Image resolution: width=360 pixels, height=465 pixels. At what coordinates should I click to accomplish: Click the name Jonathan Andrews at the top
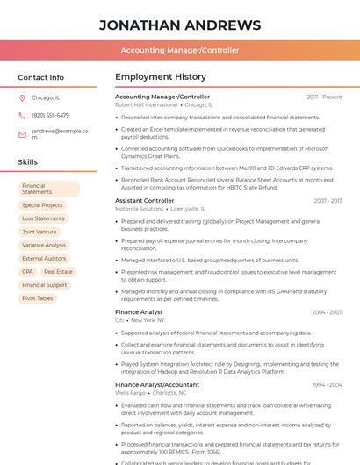coord(179,25)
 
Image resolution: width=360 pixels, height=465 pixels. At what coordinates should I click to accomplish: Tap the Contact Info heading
coord(40,77)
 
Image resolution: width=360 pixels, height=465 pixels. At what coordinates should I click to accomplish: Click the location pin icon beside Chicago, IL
coord(22,98)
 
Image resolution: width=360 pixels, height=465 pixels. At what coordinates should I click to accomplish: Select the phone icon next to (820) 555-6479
coord(22,116)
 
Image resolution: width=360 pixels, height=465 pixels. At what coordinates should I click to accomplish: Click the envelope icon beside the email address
coord(22,134)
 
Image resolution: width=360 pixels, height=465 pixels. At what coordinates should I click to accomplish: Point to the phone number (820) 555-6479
coord(50,116)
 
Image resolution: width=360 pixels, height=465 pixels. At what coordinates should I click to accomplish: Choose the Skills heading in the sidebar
coord(28,162)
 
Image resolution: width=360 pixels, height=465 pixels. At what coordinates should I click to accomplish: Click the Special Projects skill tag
coord(42,205)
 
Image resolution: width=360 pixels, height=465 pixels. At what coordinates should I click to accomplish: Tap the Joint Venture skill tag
coord(39,232)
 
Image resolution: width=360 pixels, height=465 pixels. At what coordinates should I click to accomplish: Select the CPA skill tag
coord(27,272)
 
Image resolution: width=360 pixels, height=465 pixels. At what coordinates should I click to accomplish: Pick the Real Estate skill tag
coord(58,272)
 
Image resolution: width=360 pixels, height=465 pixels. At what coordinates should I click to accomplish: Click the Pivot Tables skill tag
coord(38,298)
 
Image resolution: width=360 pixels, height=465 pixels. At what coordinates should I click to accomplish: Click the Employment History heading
coord(161,77)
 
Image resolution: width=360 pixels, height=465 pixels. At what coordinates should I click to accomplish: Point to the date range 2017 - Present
coord(324,97)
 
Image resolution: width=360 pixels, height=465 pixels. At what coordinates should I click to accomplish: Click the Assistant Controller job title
coord(144,201)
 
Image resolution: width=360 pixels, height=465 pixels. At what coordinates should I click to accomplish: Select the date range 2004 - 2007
coord(327,312)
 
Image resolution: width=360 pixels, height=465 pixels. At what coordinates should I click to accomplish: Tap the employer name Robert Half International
coord(146,105)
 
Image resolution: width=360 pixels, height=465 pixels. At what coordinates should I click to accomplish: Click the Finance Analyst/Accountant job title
coord(157,384)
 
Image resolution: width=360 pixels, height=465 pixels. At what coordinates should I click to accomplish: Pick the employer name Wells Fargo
coord(130,393)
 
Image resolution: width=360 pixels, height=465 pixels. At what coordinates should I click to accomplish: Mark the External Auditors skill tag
coord(44,259)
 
